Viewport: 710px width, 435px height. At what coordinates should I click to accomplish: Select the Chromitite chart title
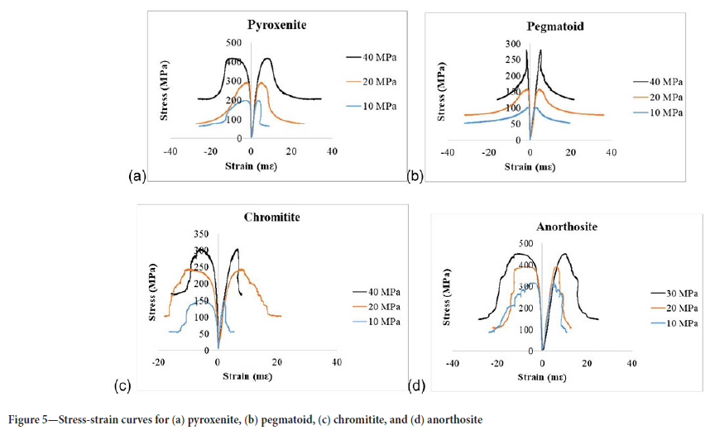pyautogui.click(x=271, y=218)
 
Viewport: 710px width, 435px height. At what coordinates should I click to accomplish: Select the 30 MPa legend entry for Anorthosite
pyautogui.click(x=674, y=294)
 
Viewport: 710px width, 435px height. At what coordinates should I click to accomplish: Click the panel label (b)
pyautogui.click(x=415, y=176)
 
